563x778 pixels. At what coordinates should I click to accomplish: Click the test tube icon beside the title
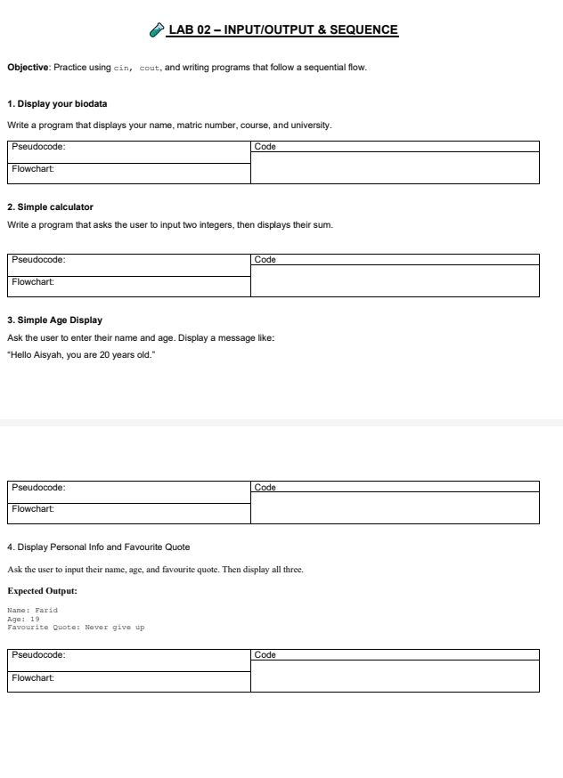[157, 30]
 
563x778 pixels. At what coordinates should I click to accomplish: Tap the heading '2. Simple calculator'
[50, 207]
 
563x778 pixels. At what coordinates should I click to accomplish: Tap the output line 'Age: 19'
[24, 619]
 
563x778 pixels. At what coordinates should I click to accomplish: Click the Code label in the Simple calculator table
[265, 260]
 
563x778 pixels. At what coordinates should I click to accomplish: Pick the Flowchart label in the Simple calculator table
[34, 281]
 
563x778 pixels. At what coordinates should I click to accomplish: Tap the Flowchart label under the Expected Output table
[34, 677]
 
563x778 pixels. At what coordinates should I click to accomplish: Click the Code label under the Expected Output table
[265, 655]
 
